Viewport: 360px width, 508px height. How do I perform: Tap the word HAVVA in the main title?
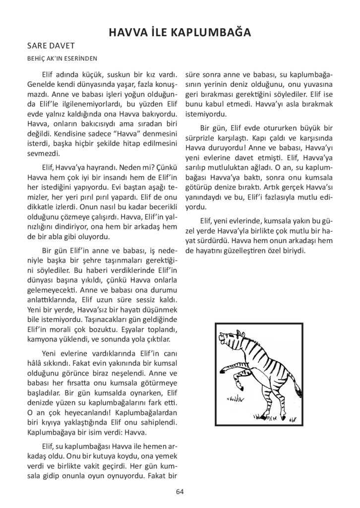[130, 33]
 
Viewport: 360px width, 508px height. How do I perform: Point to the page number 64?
[180, 492]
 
